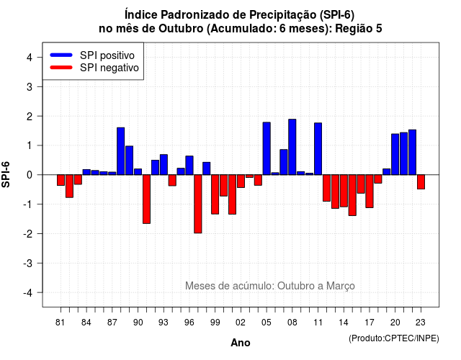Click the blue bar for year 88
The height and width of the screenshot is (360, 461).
pyautogui.click(x=120, y=151)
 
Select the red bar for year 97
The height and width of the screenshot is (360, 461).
pyautogui.click(x=198, y=204)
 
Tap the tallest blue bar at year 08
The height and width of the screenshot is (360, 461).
pyautogui.click(x=292, y=147)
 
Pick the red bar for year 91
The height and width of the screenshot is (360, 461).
pyautogui.click(x=146, y=199)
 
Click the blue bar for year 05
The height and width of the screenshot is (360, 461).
pyautogui.click(x=267, y=148)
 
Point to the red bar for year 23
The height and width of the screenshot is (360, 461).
pyautogui.click(x=421, y=182)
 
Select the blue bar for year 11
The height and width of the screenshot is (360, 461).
pyautogui.click(x=318, y=149)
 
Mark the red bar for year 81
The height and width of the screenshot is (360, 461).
pyautogui.click(x=61, y=180)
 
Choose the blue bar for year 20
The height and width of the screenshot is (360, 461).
pyautogui.click(x=395, y=154)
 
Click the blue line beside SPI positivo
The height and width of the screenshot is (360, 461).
pyautogui.click(x=61, y=55)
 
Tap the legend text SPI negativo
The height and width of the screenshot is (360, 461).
pyautogui.click(x=109, y=68)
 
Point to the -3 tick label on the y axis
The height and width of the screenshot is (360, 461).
pyautogui.click(x=29, y=263)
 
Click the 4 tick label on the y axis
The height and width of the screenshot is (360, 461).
pyautogui.click(x=30, y=57)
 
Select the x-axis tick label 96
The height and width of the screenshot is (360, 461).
pyautogui.click(x=189, y=323)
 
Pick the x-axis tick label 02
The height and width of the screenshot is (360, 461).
pyautogui.click(x=241, y=323)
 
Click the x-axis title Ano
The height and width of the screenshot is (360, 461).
pyautogui.click(x=241, y=343)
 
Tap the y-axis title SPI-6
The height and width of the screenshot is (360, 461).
pyautogui.click(x=6, y=174)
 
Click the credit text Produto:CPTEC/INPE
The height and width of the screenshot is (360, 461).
pyautogui.click(x=394, y=338)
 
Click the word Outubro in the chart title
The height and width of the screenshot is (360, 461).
pyautogui.click(x=181, y=29)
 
